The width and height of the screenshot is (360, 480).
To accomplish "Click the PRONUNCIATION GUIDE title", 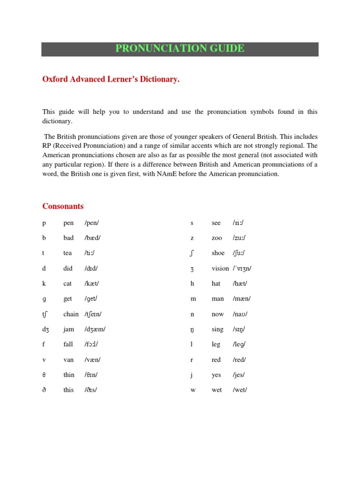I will [180, 49].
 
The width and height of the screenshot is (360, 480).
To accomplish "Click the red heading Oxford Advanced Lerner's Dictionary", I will [111, 80].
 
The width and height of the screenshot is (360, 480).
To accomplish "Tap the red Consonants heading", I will [63, 206].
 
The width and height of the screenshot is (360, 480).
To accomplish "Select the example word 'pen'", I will [68, 223].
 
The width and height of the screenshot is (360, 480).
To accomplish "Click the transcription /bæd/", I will [92, 238].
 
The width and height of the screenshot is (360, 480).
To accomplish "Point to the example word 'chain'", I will [71, 314].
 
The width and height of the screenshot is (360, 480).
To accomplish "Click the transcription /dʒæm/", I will [95, 329].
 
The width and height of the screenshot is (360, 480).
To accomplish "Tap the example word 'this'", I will [68, 390].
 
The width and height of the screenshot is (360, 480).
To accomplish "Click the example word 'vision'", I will [220, 269].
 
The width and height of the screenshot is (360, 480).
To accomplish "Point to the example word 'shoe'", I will [218, 253].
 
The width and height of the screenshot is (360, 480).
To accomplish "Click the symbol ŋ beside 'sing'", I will [192, 330].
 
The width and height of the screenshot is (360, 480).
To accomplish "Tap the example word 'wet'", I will [217, 390].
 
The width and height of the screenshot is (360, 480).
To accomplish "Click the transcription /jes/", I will [239, 375].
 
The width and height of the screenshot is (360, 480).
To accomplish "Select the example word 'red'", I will [216, 360].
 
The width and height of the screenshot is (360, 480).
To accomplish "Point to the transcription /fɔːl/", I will [92, 345].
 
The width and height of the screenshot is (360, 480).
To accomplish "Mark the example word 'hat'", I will [216, 284].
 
